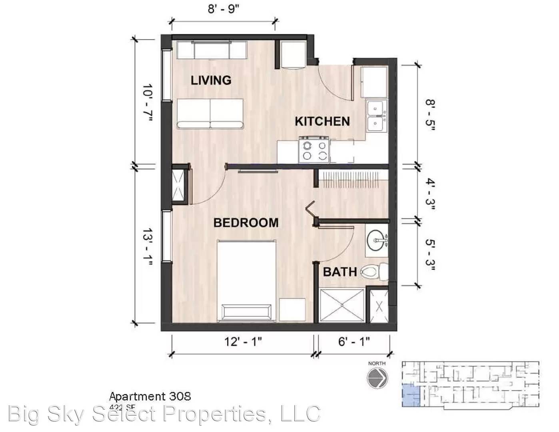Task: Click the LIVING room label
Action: click(211, 80)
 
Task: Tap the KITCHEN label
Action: click(322, 121)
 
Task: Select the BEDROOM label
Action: click(246, 222)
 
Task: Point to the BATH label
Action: click(339, 272)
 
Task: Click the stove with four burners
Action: click(313, 150)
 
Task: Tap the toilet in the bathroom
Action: click(374, 272)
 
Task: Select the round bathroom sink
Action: click(377, 241)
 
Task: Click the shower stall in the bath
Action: click(342, 305)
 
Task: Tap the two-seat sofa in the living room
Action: click(210, 114)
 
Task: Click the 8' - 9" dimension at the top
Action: click(223, 9)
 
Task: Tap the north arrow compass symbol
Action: click(377, 377)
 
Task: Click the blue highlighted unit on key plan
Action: click(410, 395)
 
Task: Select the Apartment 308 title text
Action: click(150, 396)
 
